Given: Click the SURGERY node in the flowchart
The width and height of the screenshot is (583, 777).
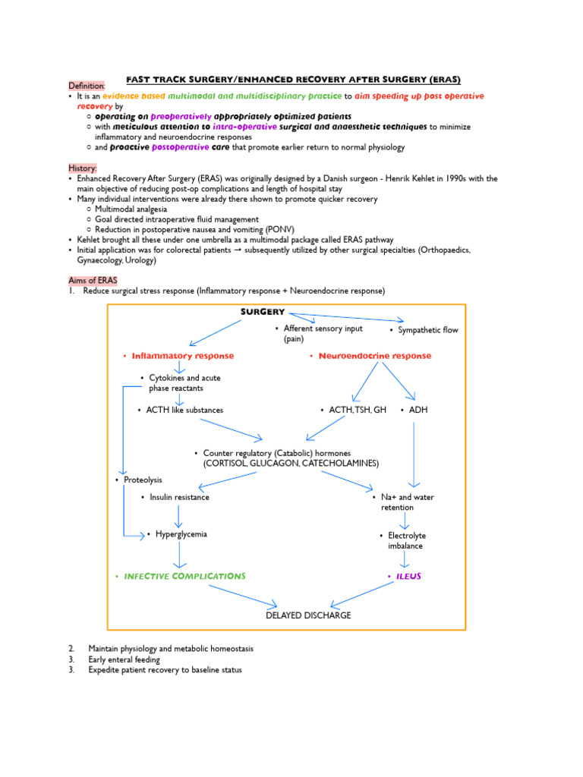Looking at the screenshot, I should coord(263,312).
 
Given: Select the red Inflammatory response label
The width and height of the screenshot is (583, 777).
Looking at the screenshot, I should coord(182,356).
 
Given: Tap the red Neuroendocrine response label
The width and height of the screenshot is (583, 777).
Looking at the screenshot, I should coord(374,356).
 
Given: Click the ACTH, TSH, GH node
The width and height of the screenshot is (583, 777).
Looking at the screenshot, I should coord(357,410).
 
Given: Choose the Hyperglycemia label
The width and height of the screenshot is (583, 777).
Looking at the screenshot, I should coord(181,534).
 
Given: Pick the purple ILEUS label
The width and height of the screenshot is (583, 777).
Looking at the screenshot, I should coord(408,576).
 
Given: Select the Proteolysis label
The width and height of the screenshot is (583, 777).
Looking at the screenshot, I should coord(142,480).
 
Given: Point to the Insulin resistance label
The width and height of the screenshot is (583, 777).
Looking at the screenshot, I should coord(178,497).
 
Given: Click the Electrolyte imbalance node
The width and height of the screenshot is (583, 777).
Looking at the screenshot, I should coord(405,540).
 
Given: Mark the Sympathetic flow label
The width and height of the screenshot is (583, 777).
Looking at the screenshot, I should coord(427,330).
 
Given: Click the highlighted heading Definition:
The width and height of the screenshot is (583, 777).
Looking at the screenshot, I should coord(87,86).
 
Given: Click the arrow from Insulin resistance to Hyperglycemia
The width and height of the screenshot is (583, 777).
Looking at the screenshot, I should coord(179,516).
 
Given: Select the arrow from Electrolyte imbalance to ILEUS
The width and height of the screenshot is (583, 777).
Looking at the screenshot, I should coord(405,560).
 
